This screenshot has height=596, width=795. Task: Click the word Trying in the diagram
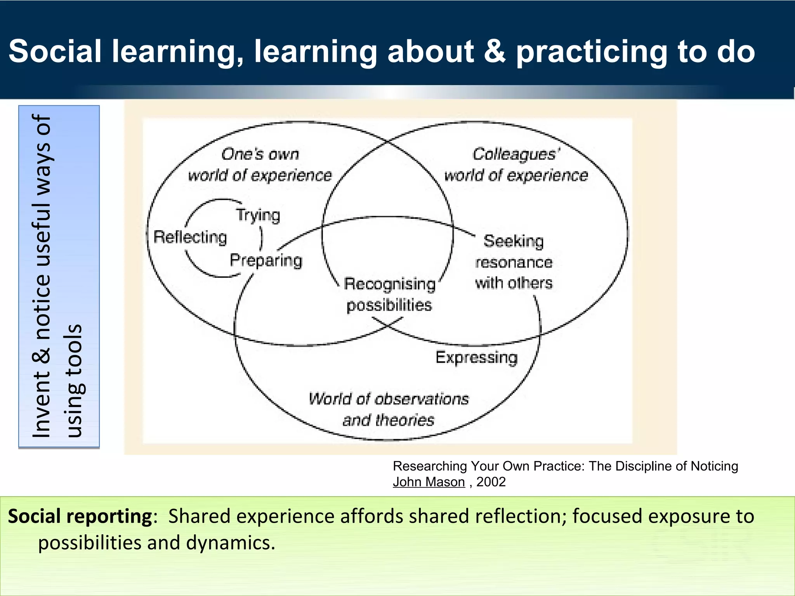tap(258, 215)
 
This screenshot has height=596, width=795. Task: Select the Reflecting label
tap(190, 237)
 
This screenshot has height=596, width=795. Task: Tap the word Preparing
tap(266, 260)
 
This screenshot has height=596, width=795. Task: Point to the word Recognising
tap(390, 284)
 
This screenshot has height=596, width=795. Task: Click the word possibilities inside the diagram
tap(389, 305)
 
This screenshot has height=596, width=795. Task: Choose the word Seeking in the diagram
tap(513, 241)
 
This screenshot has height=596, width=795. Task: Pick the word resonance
tap(514, 263)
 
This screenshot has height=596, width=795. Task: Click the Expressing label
tap(477, 357)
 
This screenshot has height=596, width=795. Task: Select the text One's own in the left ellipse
tap(260, 154)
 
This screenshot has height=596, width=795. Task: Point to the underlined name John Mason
tap(429, 482)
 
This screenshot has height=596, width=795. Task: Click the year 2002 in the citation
tap(491, 482)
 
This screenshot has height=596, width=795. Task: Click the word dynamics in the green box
tap(231, 542)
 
